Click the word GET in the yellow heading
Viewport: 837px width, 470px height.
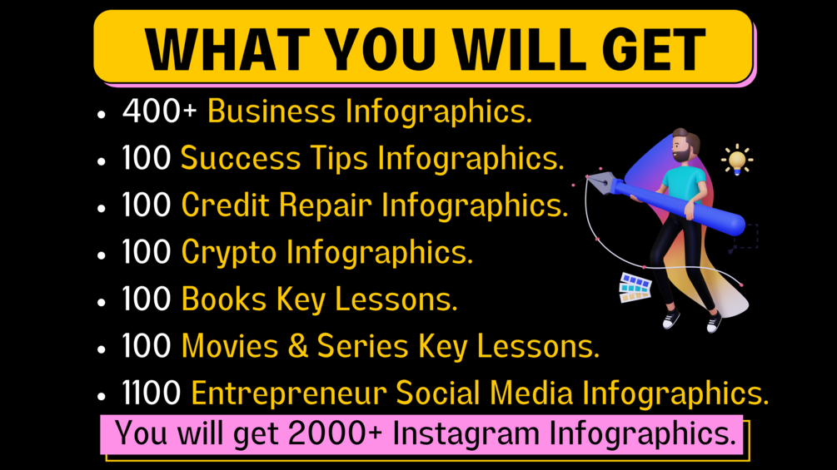point(654,50)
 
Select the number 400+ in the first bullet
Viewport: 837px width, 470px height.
point(160,111)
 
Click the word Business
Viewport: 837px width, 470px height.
point(272,111)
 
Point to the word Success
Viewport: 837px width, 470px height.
point(241,158)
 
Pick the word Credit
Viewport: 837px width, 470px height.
point(225,205)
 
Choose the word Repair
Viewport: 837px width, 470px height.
point(325,205)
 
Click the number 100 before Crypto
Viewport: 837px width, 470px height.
point(147,251)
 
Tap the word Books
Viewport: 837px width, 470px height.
point(224,299)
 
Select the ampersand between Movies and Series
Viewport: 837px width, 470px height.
point(297,346)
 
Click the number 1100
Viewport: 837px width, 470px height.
point(151,393)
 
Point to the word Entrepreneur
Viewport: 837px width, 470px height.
point(289,393)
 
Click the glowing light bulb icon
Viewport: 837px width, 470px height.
point(737,160)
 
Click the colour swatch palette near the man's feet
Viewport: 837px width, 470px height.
point(635,288)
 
